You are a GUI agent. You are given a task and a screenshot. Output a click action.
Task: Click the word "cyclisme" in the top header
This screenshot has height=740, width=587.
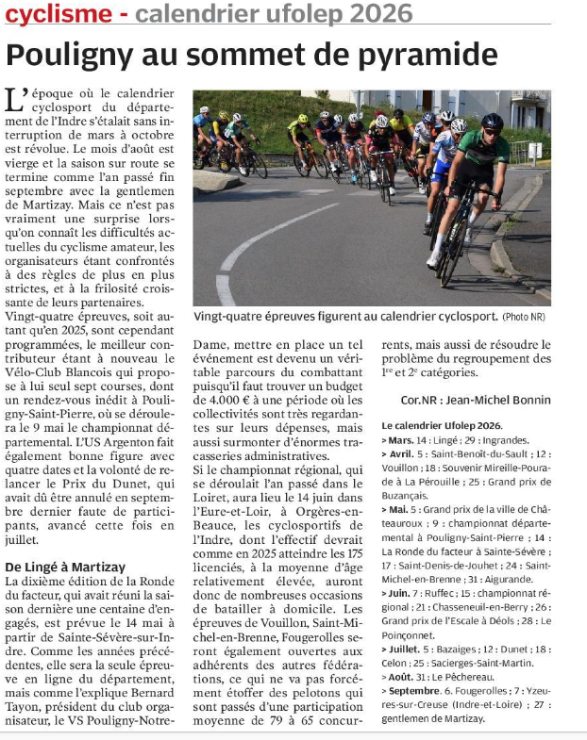[x=57, y=13]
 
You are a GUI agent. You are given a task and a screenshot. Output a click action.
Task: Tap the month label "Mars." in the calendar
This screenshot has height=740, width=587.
[x=402, y=440]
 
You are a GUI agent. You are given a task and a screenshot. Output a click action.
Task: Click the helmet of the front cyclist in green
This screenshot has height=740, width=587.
[x=492, y=121]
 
